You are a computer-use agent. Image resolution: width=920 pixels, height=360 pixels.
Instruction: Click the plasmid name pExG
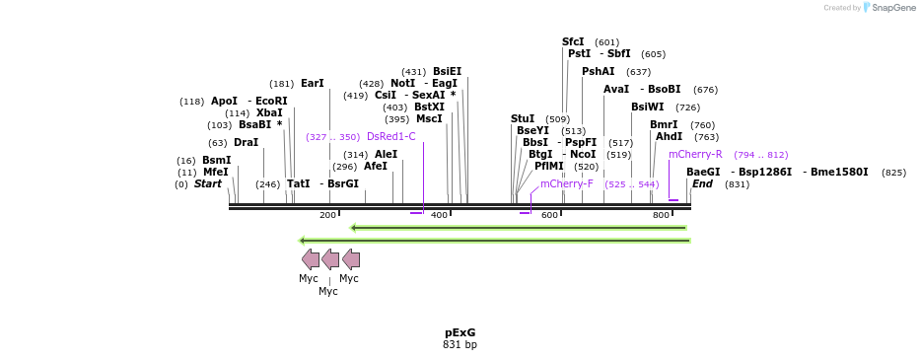click(x=460, y=332)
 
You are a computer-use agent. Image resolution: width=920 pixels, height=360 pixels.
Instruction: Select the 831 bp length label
click(x=460, y=345)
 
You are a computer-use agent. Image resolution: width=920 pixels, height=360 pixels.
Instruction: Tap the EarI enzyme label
click(x=312, y=84)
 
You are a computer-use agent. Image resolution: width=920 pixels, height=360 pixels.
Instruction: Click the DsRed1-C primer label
click(x=390, y=136)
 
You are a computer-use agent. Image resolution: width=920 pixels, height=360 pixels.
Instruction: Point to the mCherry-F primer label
click(x=566, y=183)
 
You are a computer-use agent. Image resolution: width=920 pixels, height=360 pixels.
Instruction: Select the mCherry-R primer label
click(x=695, y=154)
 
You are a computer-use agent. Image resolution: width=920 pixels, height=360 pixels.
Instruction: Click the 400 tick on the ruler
click(x=440, y=215)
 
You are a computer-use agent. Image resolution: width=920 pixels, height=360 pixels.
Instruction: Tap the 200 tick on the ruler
click(x=327, y=215)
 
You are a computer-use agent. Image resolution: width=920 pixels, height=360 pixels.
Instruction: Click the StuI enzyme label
click(x=523, y=118)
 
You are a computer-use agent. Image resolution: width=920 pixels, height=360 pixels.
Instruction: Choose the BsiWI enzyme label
click(x=648, y=107)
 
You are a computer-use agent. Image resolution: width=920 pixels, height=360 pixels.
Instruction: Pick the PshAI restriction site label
click(x=598, y=71)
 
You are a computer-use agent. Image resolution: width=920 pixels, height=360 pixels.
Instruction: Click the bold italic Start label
click(x=207, y=183)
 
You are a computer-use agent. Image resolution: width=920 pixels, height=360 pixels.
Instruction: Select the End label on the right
click(x=702, y=183)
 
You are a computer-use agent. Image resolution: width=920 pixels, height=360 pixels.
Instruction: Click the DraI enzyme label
click(x=246, y=142)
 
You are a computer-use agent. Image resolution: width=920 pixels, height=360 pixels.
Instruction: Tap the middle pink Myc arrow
click(x=330, y=259)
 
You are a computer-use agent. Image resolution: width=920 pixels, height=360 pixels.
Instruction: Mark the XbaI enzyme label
click(x=269, y=112)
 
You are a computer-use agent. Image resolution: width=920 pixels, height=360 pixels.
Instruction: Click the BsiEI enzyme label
click(x=447, y=71)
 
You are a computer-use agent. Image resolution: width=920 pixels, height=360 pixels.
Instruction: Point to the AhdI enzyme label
click(x=669, y=136)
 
